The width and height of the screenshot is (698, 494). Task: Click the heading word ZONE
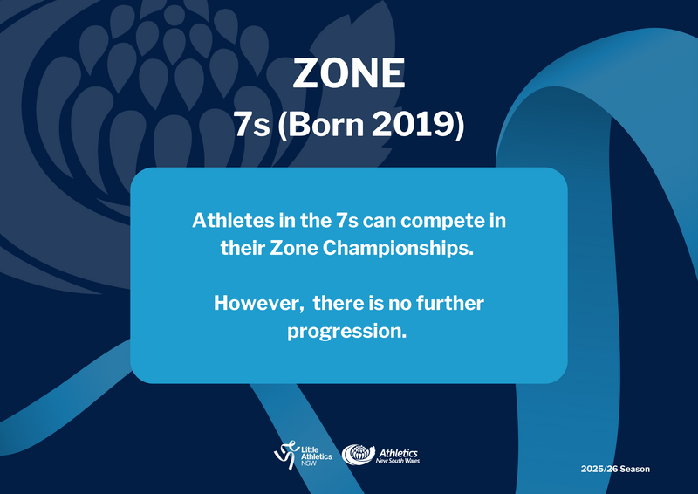coord(349,73)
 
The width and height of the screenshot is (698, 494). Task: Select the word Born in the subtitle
coord(326,124)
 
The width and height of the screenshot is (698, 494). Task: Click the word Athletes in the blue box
coord(233,221)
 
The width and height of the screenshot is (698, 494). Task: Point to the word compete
coord(442,222)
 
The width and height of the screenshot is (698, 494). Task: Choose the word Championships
coord(398,248)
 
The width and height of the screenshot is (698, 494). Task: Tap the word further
coord(450,303)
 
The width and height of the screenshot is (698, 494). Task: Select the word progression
coord(346,331)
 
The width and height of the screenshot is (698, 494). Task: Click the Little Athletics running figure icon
coord(286,455)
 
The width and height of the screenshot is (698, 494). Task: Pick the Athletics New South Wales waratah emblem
coord(358,455)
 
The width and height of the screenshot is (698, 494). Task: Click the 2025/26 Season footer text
coord(615,469)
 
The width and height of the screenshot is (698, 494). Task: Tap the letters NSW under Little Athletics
coord(309,463)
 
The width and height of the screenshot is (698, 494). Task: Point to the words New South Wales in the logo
coord(398,461)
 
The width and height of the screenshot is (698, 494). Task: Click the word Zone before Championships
coord(294,248)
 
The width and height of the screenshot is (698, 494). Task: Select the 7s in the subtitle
coord(251,124)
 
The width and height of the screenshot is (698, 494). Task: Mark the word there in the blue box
coord(338,303)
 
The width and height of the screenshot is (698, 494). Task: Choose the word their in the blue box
coord(243,248)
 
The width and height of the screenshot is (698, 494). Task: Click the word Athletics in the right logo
coord(398,453)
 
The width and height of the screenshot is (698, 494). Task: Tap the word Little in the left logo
coord(310,449)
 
